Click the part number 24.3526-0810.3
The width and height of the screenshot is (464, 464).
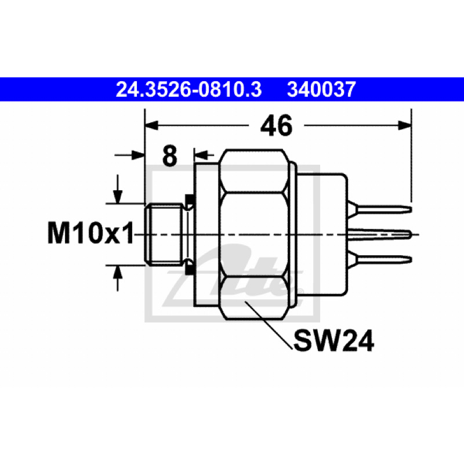[x=188, y=89]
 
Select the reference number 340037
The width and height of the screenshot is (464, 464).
[x=321, y=89]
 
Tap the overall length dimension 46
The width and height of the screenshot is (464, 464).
[x=276, y=125]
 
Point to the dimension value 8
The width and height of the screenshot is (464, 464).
[x=170, y=155]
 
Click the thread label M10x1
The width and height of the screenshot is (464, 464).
[x=90, y=234]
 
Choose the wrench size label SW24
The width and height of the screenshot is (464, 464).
[x=334, y=340]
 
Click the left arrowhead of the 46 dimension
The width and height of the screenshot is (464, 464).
[x=151, y=125]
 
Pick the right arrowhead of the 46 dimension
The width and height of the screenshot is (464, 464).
[x=405, y=125]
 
